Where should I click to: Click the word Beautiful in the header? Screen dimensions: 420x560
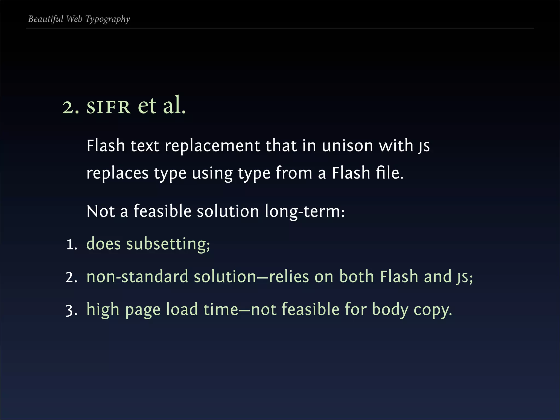click(46, 19)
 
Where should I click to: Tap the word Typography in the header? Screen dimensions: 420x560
click(107, 19)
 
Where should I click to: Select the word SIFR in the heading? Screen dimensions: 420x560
click(108, 107)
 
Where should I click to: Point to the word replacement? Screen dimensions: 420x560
click(212, 146)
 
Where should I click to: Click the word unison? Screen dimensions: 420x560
click(347, 145)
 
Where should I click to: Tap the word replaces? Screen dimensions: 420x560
click(117, 173)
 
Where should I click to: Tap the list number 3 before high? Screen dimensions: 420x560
click(71, 311)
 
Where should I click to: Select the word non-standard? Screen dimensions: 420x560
click(137, 277)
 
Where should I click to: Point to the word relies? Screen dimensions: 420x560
click(289, 277)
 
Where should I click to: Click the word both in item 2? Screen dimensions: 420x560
click(356, 277)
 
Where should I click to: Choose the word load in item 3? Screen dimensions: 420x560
click(182, 310)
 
